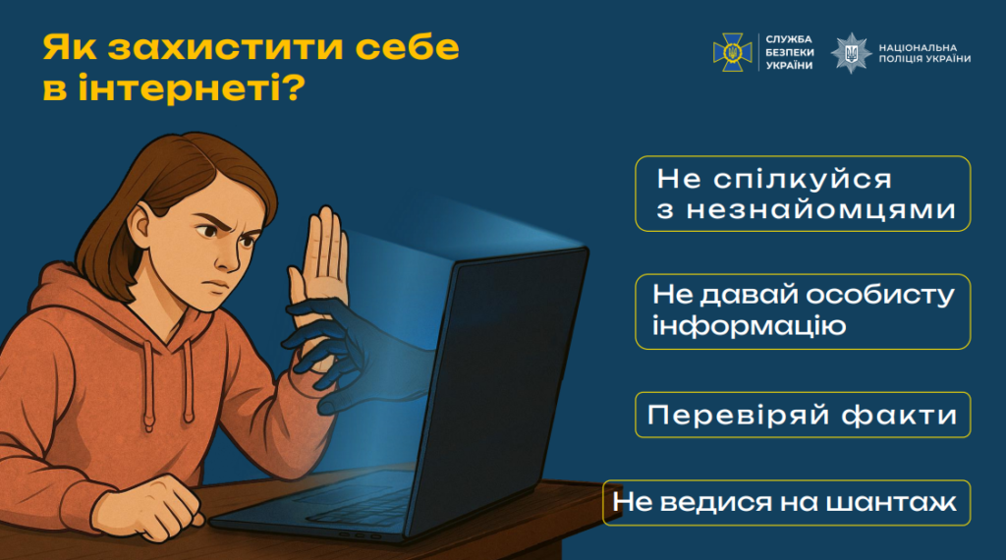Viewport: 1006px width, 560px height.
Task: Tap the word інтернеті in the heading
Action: [x=180, y=87]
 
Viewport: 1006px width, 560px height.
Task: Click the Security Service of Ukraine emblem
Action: [x=732, y=53]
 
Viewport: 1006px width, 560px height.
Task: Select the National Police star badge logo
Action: [x=851, y=53]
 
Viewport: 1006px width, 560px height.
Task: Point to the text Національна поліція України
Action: [x=924, y=53]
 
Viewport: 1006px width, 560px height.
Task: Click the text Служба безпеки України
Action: [x=789, y=53]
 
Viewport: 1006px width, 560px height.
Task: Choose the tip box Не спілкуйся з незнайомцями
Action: [x=803, y=194]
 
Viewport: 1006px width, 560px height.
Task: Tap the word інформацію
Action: [x=749, y=326]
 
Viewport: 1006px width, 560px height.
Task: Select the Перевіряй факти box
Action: [x=803, y=415]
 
